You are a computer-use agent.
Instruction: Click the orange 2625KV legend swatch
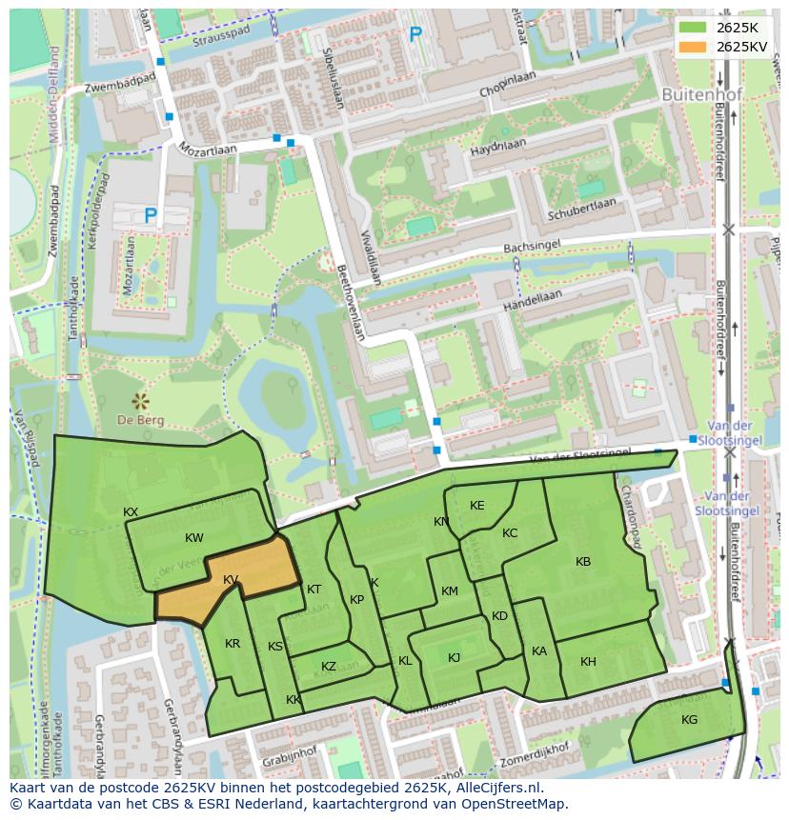[693, 47]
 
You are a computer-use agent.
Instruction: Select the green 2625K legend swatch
[693, 27]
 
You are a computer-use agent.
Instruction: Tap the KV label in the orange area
[231, 580]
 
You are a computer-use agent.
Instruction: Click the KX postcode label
[131, 512]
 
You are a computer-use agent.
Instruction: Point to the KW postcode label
[194, 538]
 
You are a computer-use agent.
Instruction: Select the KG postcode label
[689, 720]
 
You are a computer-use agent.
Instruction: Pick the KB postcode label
[583, 562]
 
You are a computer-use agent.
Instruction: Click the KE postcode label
[477, 506]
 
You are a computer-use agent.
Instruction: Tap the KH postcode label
[588, 662]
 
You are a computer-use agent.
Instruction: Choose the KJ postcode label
[455, 658]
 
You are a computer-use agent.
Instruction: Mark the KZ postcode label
[329, 667]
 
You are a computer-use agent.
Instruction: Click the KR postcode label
[233, 644]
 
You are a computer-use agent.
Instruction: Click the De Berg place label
[141, 420]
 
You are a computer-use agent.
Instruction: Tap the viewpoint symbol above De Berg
[141, 399]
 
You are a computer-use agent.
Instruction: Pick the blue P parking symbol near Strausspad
[415, 35]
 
